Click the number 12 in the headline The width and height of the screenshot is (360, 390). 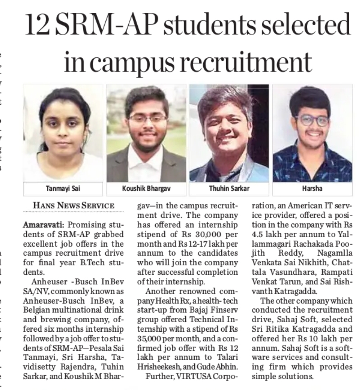click(37, 26)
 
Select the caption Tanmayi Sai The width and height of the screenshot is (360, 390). click(63, 189)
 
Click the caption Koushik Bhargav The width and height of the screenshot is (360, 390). click(146, 189)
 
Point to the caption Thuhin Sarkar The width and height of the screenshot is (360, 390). click(229, 189)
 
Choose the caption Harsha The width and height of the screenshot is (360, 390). click(312, 189)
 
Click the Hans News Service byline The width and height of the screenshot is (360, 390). click(73, 206)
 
